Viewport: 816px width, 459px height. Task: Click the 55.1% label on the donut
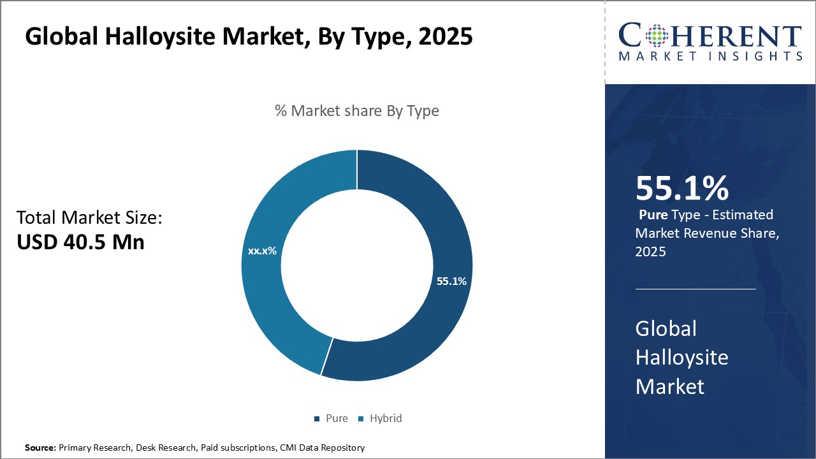(451, 281)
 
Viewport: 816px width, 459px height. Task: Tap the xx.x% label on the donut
(262, 251)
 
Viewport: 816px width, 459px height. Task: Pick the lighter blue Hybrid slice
(268, 300)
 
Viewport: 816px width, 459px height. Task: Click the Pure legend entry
(331, 418)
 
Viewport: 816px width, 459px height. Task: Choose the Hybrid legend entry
(381, 418)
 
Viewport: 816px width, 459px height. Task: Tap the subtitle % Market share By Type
(357, 111)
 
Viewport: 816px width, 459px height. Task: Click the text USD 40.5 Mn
(80, 242)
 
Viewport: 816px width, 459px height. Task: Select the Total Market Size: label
(89, 218)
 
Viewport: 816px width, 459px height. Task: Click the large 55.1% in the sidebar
(681, 189)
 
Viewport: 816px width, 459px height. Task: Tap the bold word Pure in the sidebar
(653, 215)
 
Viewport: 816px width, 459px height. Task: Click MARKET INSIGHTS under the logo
(710, 57)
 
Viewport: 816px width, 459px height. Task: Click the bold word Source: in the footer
(40, 448)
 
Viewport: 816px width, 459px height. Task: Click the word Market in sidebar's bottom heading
(669, 386)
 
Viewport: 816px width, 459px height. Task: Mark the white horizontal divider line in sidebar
(696, 289)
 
